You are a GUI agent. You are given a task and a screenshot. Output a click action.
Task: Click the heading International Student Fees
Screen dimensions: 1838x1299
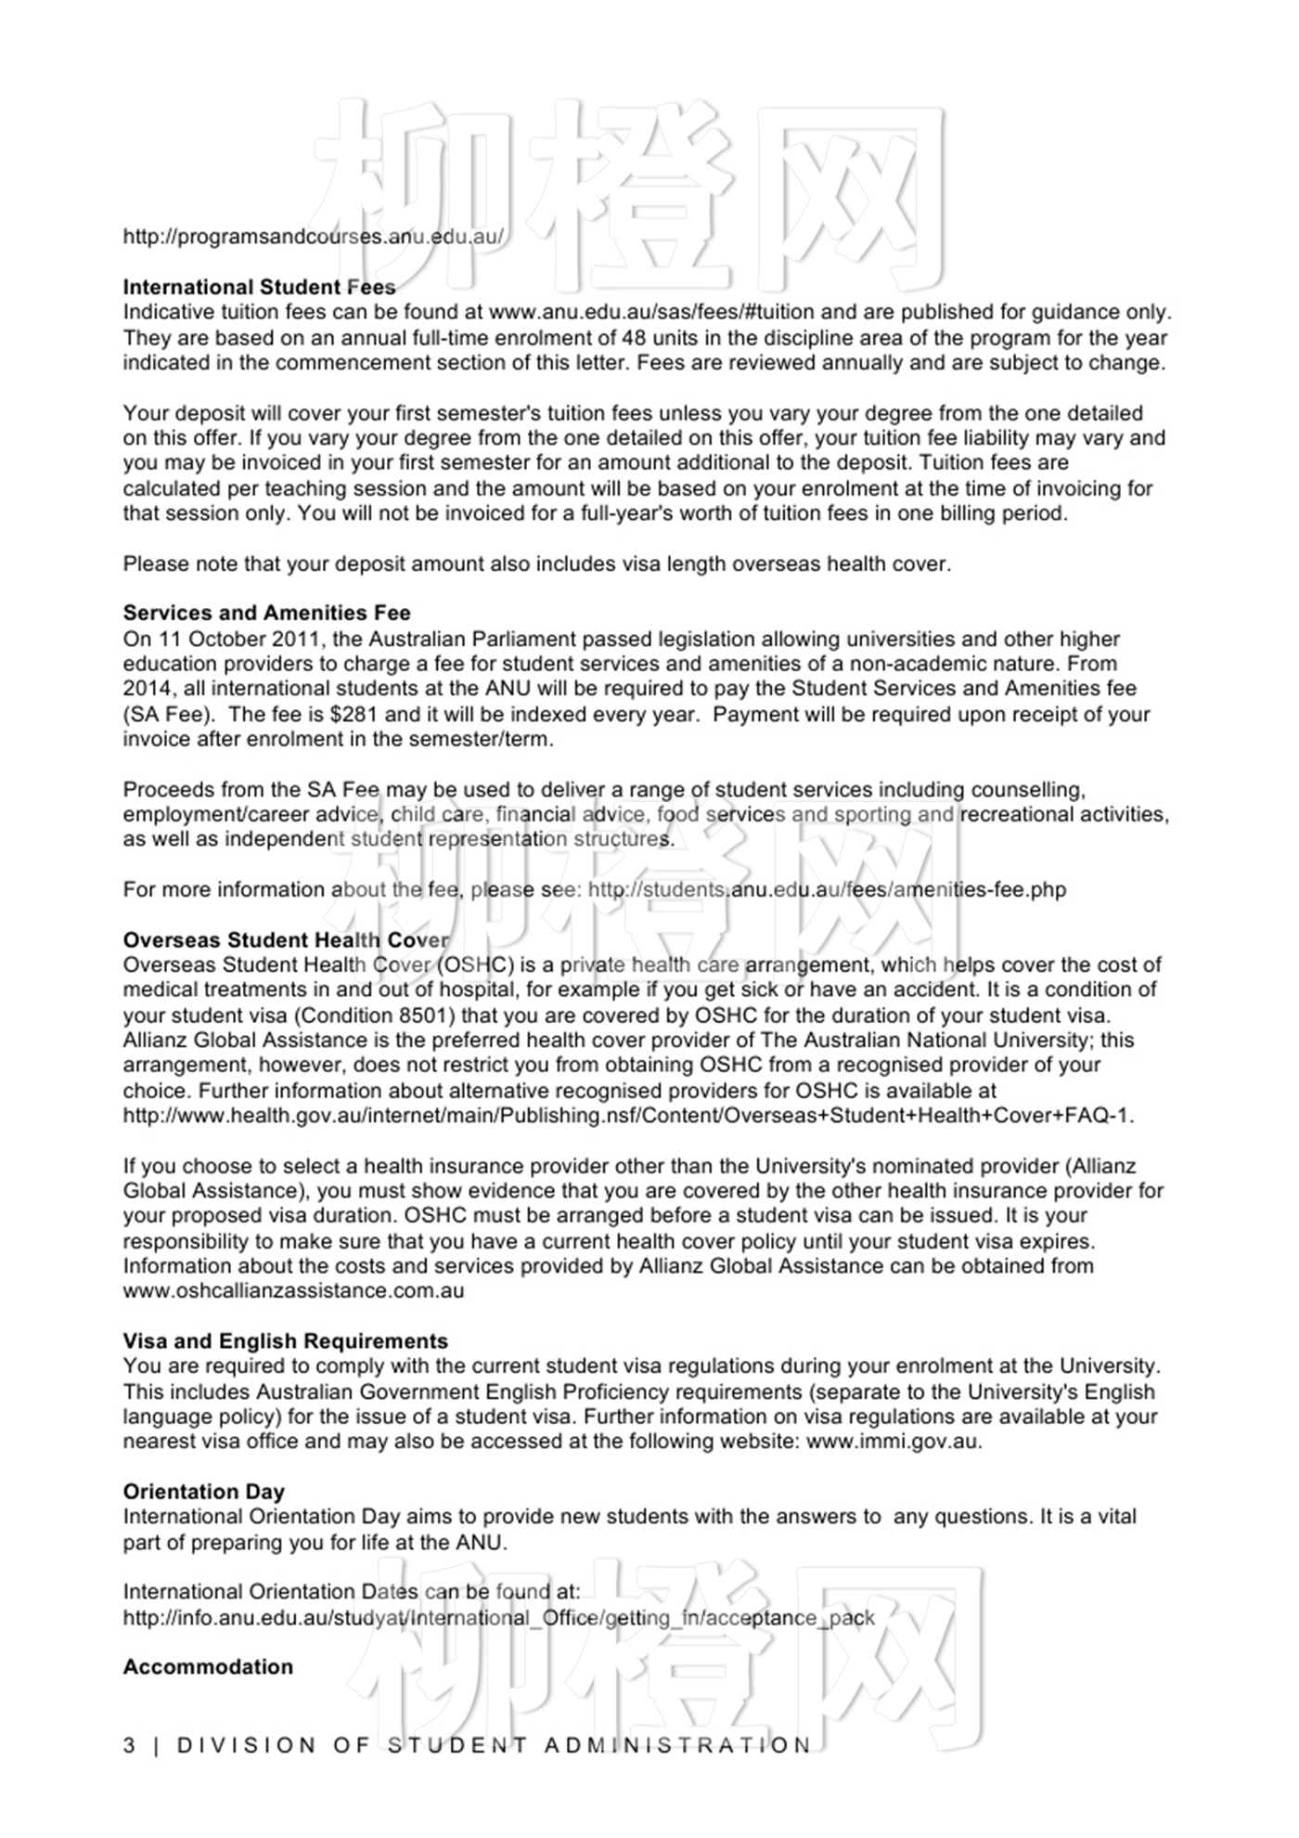259,287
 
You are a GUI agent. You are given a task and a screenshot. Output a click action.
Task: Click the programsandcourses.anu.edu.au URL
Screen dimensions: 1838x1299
314,236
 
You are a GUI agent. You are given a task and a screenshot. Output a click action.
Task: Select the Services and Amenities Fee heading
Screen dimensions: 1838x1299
266,613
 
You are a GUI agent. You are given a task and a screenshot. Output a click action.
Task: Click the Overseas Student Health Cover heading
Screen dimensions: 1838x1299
286,939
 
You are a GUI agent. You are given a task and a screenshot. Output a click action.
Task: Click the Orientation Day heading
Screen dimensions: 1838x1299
203,1491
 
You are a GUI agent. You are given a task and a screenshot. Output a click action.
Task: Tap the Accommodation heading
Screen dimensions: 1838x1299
208,1666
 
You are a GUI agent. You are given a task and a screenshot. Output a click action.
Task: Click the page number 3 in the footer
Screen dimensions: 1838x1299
129,1745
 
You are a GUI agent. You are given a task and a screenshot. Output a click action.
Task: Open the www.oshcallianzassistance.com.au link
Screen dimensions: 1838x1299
293,1290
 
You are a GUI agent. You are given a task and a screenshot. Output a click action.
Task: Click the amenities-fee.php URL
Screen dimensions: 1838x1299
827,889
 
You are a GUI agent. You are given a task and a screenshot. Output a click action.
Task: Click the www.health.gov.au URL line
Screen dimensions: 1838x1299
628,1115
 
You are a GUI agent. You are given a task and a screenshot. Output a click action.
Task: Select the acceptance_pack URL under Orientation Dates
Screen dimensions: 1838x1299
498,1618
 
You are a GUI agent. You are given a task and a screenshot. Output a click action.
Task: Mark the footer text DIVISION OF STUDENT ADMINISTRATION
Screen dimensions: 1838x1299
494,1745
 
